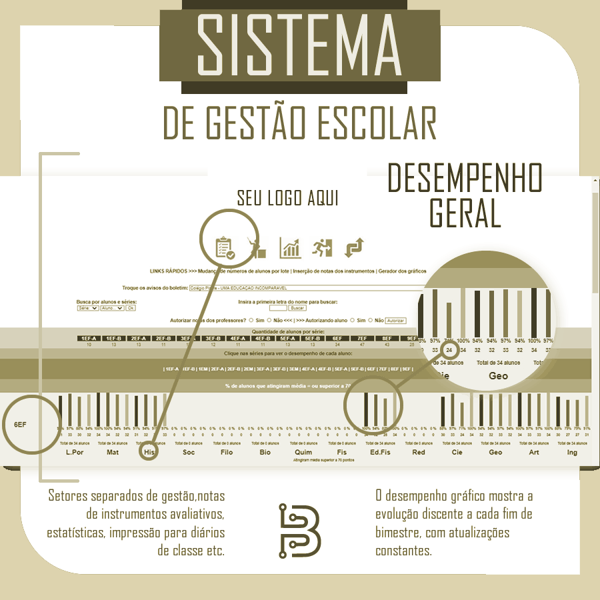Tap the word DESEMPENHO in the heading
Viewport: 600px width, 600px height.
click(x=465, y=180)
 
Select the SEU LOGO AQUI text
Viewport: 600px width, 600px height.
click(x=288, y=199)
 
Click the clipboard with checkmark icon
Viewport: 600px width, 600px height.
click(x=225, y=247)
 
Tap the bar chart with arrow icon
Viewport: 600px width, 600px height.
click(x=290, y=247)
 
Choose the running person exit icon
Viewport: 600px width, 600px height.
click(x=322, y=247)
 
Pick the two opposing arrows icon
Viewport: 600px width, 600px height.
click(x=354, y=247)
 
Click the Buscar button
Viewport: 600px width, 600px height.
click(x=297, y=308)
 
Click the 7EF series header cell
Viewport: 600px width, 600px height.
click(x=362, y=338)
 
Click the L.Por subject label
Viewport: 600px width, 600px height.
click(x=74, y=452)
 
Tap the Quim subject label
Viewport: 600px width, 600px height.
click(x=303, y=452)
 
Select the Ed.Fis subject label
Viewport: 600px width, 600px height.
click(x=380, y=452)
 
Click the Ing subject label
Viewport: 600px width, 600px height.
click(x=572, y=452)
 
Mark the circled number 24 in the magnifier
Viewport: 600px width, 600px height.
click(x=449, y=349)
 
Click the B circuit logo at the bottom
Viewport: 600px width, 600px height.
click(x=299, y=531)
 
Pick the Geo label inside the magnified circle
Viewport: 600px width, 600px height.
click(x=499, y=376)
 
